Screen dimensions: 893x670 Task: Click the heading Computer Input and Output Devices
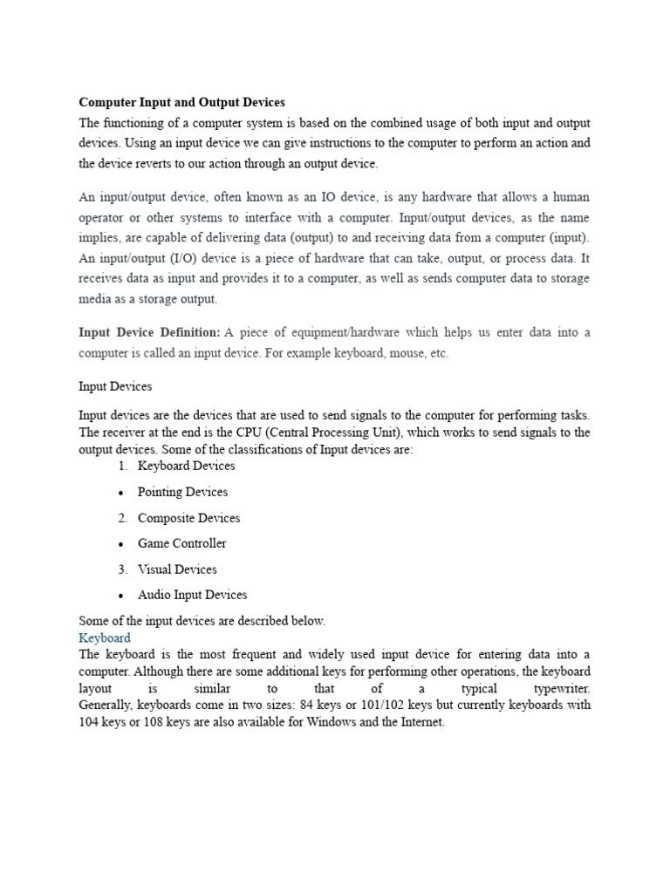click(x=181, y=102)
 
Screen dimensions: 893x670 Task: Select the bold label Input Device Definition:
click(x=149, y=332)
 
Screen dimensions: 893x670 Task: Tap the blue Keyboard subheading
click(x=105, y=637)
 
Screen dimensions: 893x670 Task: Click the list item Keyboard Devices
click(x=186, y=466)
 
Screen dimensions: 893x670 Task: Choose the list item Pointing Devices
click(x=182, y=492)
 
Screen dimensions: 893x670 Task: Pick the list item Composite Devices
click(x=188, y=518)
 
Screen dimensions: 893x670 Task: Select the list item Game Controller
click(x=181, y=543)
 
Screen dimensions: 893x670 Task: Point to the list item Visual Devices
click(x=177, y=569)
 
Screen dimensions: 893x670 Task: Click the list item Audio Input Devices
click(x=192, y=595)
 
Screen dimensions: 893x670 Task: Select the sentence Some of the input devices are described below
click(x=202, y=621)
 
